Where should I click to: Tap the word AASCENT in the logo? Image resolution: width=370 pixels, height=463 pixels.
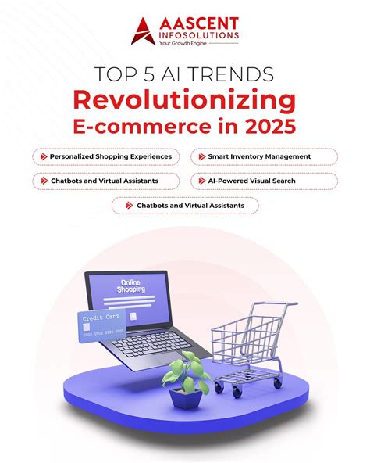tap(196, 24)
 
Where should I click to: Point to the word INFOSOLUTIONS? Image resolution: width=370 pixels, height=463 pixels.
tap(197, 37)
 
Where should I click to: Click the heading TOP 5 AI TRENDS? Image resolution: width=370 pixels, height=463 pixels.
tap(185, 75)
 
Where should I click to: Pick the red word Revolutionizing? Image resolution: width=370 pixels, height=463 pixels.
tap(185, 99)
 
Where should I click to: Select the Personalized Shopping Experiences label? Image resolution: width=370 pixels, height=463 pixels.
tap(110, 156)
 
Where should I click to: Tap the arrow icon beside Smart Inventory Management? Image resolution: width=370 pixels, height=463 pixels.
tap(198, 156)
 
